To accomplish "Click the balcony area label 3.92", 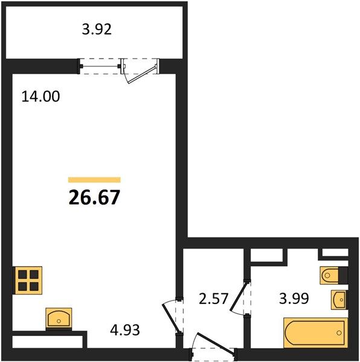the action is click(x=97, y=30).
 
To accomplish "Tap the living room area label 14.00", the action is click(x=40, y=97).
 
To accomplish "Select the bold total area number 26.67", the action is click(x=94, y=197).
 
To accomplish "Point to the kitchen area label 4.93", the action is click(x=125, y=330).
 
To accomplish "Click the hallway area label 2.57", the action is click(x=213, y=298).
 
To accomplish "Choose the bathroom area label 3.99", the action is click(x=294, y=298).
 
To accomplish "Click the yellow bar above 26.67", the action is click(x=94, y=180).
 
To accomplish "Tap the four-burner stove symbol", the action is click(x=28, y=281).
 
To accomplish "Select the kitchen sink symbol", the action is click(x=59, y=318).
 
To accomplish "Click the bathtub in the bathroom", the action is click(x=315, y=332).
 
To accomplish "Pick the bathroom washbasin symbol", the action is click(x=339, y=300).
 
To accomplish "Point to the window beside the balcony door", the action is click(x=100, y=66).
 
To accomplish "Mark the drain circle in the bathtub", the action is click(x=339, y=333).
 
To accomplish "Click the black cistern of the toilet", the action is click(x=343, y=275).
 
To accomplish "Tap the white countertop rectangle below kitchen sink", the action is click(x=47, y=342).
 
